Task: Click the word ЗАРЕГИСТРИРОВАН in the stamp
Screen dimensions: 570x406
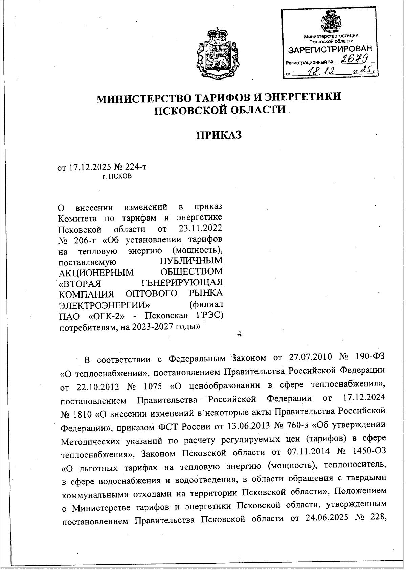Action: [330, 50]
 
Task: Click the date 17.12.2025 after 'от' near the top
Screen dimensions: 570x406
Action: [89, 167]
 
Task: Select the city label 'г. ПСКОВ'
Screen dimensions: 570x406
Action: [117, 176]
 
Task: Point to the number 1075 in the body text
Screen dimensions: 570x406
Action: [151, 385]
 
